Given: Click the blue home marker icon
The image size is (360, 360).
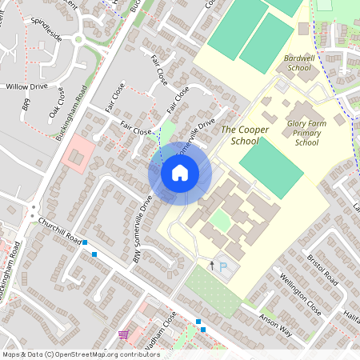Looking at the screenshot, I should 179,173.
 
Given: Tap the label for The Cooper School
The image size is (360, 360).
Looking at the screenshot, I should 240,134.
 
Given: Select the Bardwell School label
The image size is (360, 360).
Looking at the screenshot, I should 298,63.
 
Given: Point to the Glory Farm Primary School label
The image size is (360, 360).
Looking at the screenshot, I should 307,131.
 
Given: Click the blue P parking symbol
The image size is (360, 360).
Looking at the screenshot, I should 223,267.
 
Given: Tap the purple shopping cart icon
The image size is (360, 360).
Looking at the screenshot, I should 123,334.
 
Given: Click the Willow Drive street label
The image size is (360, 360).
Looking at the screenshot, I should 26,86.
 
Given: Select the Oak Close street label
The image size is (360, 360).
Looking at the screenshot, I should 57,101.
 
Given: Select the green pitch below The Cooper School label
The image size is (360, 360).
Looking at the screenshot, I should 272,162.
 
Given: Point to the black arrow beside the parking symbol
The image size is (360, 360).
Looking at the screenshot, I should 211,265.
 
